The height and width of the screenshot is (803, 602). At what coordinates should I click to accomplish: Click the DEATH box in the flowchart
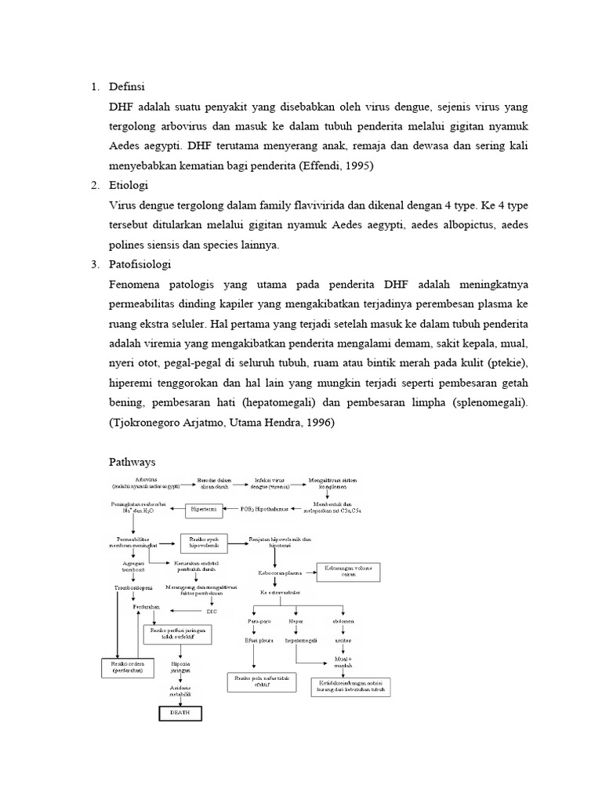(180, 713)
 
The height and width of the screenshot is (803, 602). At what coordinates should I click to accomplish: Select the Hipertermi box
(206, 510)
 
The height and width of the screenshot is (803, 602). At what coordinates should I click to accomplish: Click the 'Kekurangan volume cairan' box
(349, 571)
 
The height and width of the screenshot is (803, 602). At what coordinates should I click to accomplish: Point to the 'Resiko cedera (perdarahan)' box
(126, 667)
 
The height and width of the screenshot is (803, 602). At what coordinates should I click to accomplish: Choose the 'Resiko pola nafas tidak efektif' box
(263, 680)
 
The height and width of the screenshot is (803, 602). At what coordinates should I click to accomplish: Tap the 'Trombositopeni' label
(130, 587)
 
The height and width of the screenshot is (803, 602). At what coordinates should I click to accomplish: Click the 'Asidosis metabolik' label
(181, 691)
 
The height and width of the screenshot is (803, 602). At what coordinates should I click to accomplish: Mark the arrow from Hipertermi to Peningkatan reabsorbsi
(174, 510)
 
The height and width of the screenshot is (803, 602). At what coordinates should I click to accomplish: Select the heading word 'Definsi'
(129, 85)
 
